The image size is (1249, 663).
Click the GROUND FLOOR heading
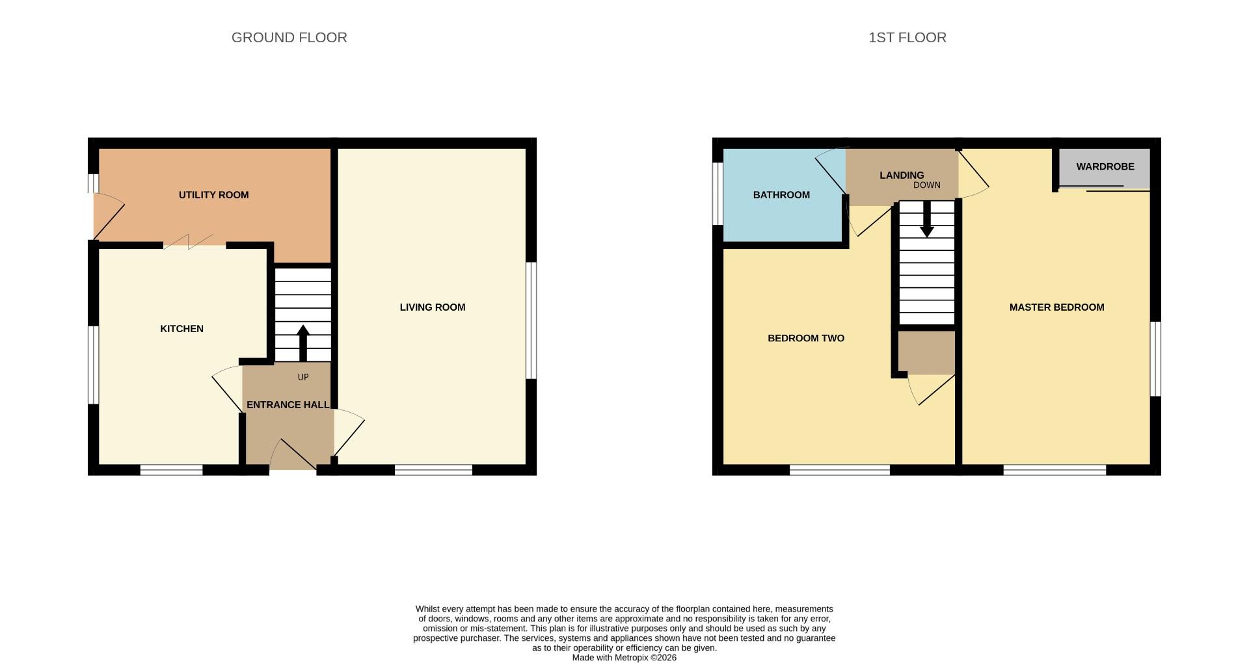pyautogui.click(x=289, y=38)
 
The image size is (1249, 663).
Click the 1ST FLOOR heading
pyautogui.click(x=907, y=38)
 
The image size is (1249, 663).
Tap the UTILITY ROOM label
pyautogui.click(x=213, y=195)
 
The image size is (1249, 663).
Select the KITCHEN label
pyautogui.click(x=181, y=329)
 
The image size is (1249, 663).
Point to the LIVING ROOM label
pyautogui.click(x=432, y=307)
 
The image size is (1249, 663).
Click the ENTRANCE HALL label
pyautogui.click(x=288, y=405)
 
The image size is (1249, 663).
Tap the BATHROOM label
pyautogui.click(x=781, y=195)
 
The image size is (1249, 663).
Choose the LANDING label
pyautogui.click(x=901, y=175)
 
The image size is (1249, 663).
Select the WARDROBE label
pyautogui.click(x=1105, y=167)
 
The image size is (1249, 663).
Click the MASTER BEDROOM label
pyautogui.click(x=1056, y=307)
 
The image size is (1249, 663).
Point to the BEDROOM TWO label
pyautogui.click(x=805, y=339)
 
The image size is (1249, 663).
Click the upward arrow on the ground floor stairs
pyautogui.click(x=302, y=343)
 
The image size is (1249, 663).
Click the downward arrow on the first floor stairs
pyautogui.click(x=926, y=220)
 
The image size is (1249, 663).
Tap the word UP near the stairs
pyautogui.click(x=302, y=378)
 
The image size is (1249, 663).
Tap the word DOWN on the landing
pyautogui.click(x=926, y=185)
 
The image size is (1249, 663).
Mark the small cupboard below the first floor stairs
pyautogui.click(x=926, y=353)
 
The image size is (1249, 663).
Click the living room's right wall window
pyautogui.click(x=531, y=320)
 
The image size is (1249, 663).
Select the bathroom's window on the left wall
pyautogui.click(x=718, y=193)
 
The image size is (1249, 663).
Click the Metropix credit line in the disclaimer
pyautogui.click(x=624, y=658)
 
